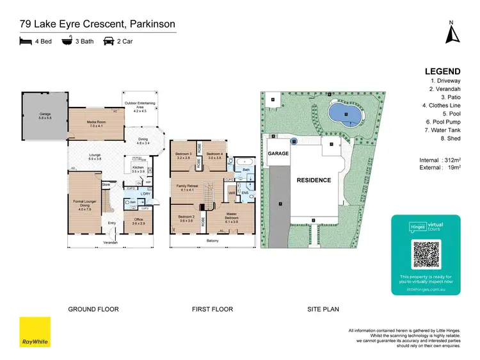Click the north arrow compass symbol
tap(451, 33)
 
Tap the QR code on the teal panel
tap(426, 255)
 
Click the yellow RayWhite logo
tap(35, 332)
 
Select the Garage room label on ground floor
tap(44, 116)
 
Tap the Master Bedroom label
tap(232, 217)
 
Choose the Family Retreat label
tap(188, 188)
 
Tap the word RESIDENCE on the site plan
tap(314, 180)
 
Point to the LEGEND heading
tap(442, 72)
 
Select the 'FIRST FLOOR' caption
tap(211, 309)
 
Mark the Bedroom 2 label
tap(186, 218)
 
